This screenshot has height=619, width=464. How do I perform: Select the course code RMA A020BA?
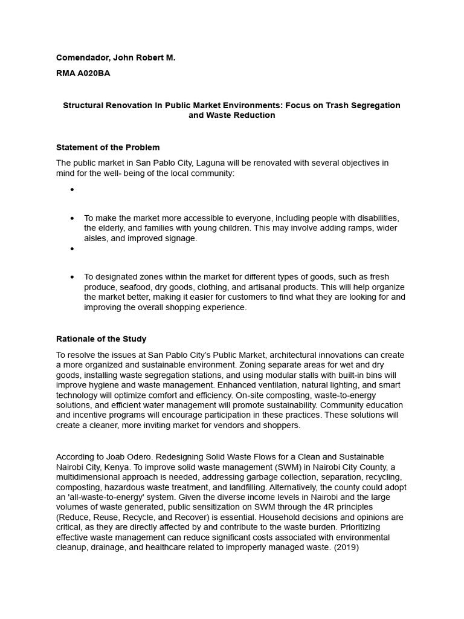click(83, 74)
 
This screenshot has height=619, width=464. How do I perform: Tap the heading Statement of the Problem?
click(108, 147)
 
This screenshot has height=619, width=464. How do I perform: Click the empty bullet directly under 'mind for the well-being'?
click(72, 190)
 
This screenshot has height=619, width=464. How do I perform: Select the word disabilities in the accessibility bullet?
click(376, 218)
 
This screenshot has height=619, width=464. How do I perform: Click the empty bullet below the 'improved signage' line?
click(72, 248)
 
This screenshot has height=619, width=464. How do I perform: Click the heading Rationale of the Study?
click(101, 339)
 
